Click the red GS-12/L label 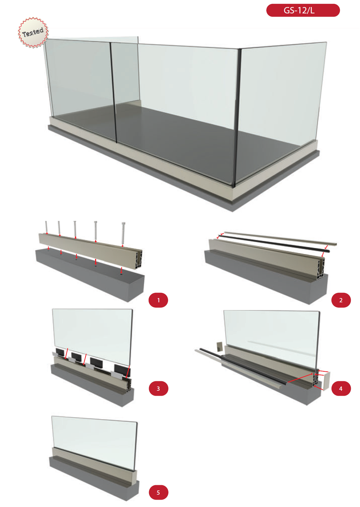(303, 11)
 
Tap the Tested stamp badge (33, 32)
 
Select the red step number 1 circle (158, 300)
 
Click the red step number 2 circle (341, 300)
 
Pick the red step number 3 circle (159, 388)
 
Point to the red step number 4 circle (341, 388)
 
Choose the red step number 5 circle (159, 492)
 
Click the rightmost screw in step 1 (123, 233)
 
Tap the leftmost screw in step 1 (46, 227)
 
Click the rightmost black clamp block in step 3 (122, 371)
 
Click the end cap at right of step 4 (326, 381)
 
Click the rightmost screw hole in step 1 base (122, 274)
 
